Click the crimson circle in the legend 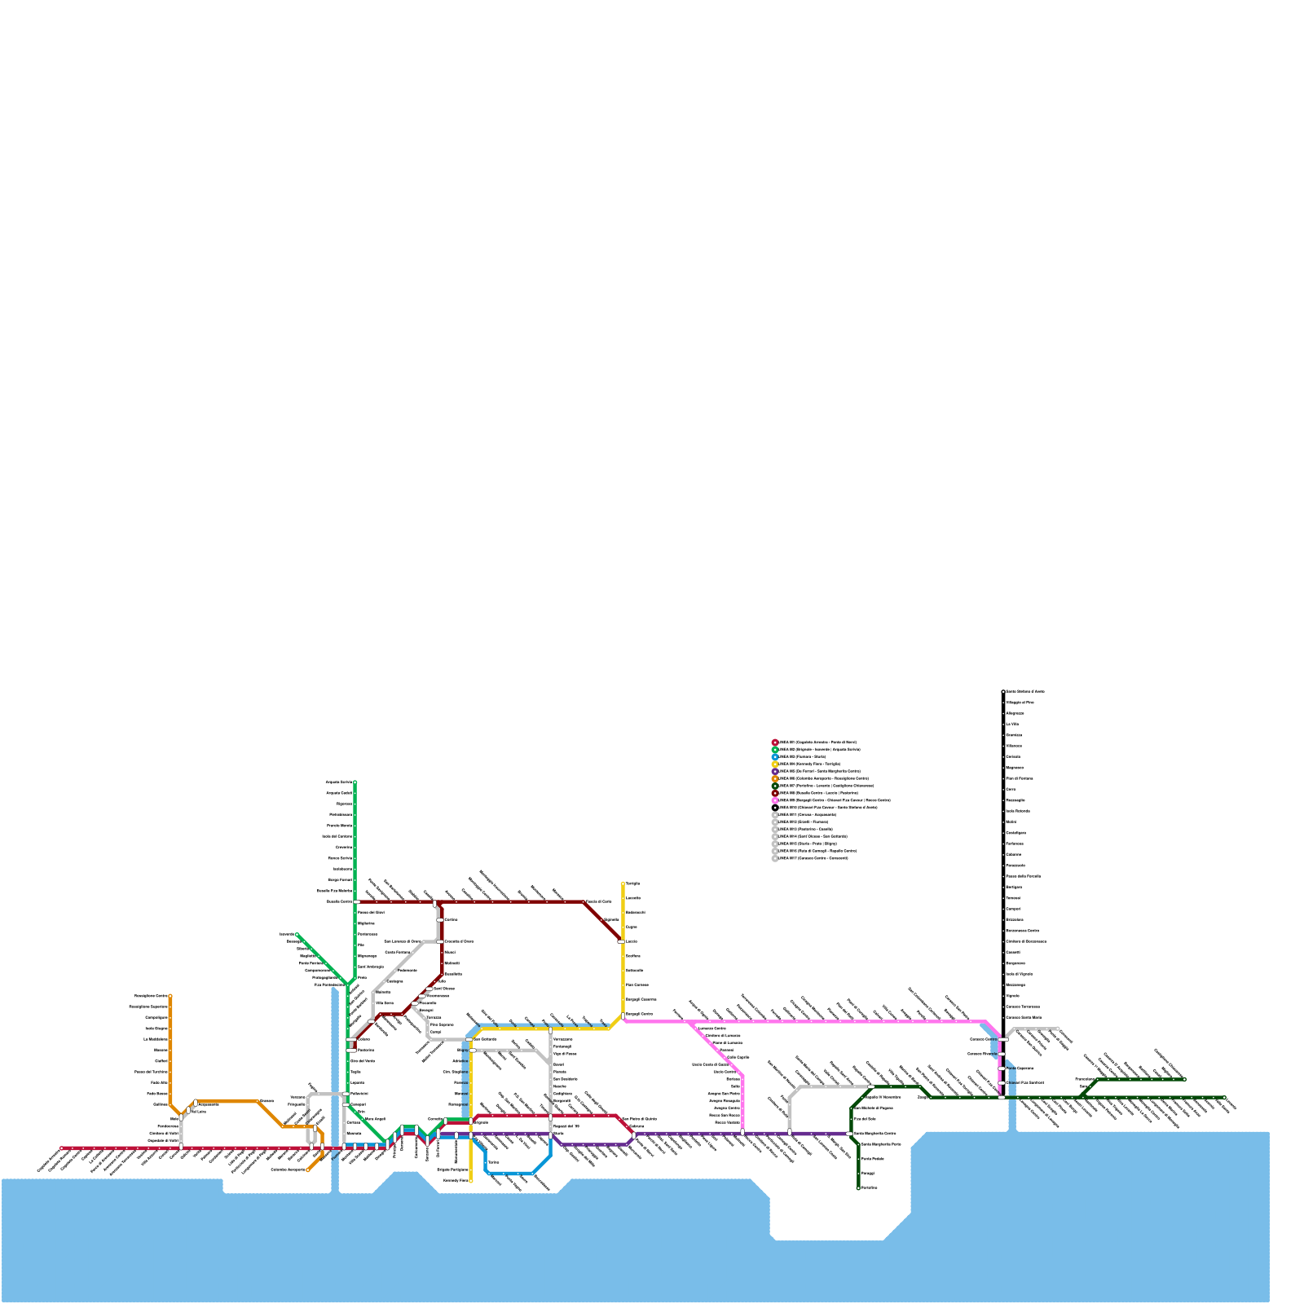point(775,742)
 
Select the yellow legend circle point(775,764)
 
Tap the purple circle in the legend point(775,771)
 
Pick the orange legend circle point(775,778)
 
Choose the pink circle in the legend point(775,800)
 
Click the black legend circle point(775,808)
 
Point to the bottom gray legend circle point(775,858)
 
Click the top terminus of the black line point(1003,692)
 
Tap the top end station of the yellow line point(623,883)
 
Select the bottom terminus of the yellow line point(471,1180)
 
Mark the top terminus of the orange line point(170,996)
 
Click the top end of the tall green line point(355,782)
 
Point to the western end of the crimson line point(61,1148)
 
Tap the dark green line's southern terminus point(858,1187)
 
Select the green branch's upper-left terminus point(297,935)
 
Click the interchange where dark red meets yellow point(622,941)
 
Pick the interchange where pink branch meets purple point(742,1133)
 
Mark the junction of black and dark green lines point(1002,1098)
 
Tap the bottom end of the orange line point(308,1170)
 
